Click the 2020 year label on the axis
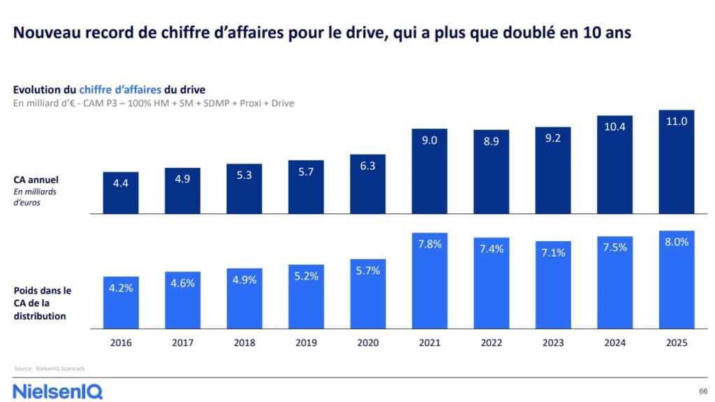point(367,343)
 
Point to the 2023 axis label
point(552,343)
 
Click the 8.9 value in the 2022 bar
point(491,141)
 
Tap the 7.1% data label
point(552,252)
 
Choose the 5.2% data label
point(306,275)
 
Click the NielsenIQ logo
point(57,391)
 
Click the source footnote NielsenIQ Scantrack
point(50,368)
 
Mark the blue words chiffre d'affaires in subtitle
point(120,89)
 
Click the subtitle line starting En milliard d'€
point(154,103)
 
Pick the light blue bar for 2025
point(677,280)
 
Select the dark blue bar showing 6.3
point(367,185)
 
